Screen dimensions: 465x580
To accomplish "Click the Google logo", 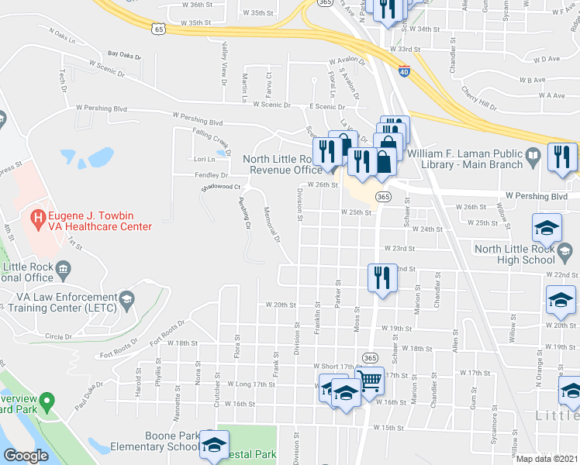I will pyautogui.click(x=26, y=456).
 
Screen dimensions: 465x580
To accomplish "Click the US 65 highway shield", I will pyautogui.click(x=158, y=29).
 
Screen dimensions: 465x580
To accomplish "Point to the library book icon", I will pyautogui.click(x=532, y=158).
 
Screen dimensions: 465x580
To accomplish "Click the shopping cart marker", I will pyautogui.click(x=371, y=381).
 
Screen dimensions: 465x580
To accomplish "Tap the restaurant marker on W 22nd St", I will pyautogui.click(x=380, y=277).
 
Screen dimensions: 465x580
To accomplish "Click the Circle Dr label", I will pyautogui.click(x=58, y=336).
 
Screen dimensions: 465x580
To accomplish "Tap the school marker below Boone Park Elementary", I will pyautogui.click(x=214, y=445).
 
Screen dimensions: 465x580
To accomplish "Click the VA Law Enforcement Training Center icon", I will pyautogui.click(x=126, y=298).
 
